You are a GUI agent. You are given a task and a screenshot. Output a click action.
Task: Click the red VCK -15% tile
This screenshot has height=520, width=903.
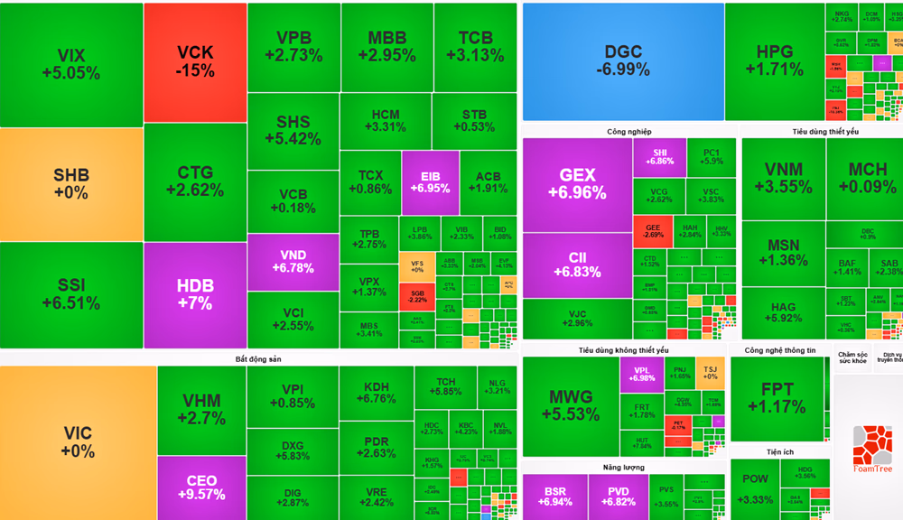coord(195,61)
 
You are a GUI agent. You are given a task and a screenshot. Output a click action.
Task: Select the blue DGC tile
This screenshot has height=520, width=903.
coord(623,61)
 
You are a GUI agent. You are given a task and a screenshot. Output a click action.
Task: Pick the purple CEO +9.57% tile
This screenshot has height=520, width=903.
coord(201,487)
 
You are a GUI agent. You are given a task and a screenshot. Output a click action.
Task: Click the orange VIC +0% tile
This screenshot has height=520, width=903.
coord(77,442)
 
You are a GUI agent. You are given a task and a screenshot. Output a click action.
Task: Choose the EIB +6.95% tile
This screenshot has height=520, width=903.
coord(430,181)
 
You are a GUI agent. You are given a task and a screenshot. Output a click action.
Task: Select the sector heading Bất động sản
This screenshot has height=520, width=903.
coord(258,358)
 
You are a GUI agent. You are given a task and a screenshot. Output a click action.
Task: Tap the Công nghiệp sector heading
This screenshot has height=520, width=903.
coord(629,132)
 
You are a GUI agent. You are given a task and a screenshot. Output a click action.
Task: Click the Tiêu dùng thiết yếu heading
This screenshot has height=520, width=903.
coord(824,132)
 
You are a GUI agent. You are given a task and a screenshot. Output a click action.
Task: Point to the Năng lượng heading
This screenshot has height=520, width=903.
coord(624,467)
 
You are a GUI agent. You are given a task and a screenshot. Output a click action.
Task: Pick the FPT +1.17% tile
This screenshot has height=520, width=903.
coord(777,397)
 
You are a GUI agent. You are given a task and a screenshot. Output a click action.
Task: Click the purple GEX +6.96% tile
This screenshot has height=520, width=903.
coord(577,183)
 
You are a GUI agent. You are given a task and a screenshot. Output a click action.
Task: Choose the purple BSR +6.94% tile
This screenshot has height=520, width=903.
coord(554,496)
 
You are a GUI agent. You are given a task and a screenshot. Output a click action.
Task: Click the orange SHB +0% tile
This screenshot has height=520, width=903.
coord(71,183)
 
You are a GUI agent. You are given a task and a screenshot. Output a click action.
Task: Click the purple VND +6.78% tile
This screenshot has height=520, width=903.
coord(293,261)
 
